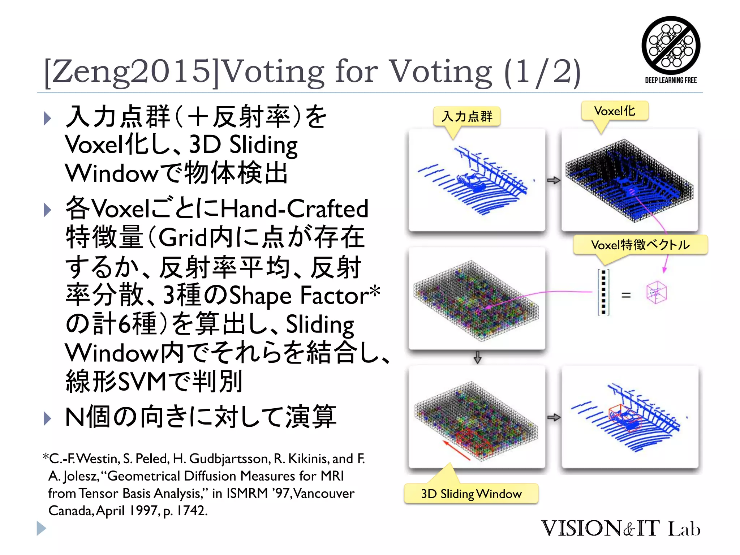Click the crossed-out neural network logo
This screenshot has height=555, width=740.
671,45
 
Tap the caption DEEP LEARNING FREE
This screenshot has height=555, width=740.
671,80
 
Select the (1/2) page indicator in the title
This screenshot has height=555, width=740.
542,71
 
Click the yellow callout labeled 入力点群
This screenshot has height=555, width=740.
467,116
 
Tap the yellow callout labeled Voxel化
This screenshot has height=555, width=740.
615,111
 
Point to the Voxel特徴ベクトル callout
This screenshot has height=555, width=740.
640,245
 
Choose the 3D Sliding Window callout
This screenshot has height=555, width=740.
471,494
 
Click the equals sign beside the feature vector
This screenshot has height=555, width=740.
626,295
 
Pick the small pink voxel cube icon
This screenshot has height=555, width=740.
657,292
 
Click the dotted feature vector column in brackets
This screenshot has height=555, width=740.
603,292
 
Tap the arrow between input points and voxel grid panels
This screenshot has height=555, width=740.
553,180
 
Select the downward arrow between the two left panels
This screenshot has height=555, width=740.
477,357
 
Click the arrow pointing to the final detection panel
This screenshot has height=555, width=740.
553,417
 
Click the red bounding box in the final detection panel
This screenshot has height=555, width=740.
624,417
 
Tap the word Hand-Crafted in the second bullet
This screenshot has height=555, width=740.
294,208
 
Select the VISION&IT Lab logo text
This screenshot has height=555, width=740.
620,528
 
